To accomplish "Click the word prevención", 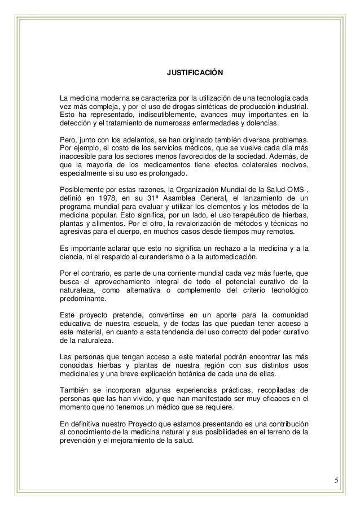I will pyautogui.click(x=80, y=443).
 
